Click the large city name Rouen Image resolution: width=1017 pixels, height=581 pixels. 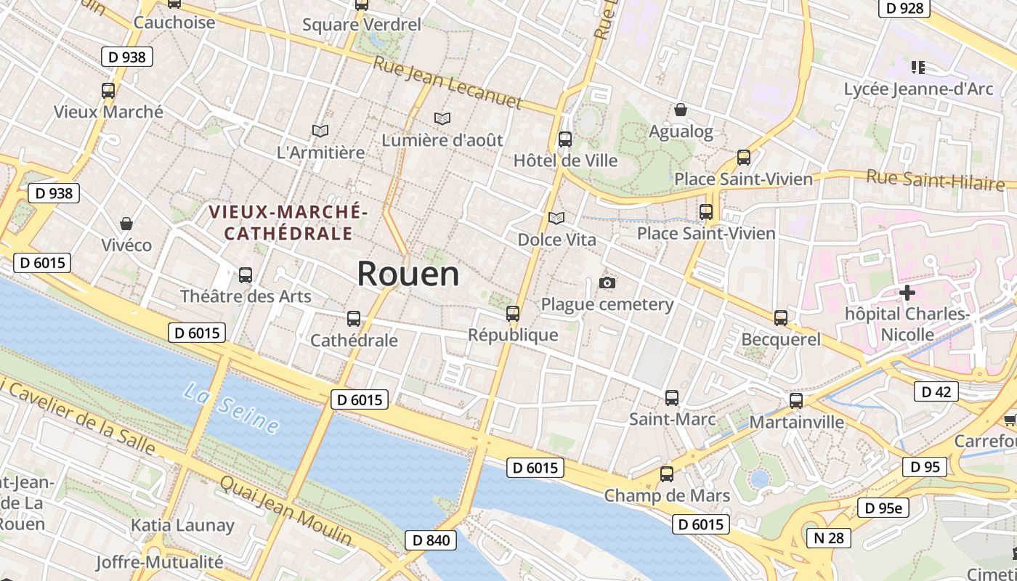(408, 274)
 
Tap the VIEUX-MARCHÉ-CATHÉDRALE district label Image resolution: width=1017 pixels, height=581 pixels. (288, 223)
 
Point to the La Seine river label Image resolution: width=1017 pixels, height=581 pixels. (231, 409)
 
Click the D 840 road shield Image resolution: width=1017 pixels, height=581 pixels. (431, 540)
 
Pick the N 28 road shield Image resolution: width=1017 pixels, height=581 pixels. (829, 537)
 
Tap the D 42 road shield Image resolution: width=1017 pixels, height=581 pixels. (936, 391)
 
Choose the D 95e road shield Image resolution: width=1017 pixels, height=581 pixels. (883, 508)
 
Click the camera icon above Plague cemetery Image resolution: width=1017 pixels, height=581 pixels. (607, 283)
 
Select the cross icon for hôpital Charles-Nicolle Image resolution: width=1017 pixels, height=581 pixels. (907, 293)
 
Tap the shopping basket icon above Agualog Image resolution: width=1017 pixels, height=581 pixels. (681, 110)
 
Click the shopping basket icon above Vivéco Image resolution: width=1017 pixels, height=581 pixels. (126, 223)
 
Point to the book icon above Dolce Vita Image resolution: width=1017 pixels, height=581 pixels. (556, 218)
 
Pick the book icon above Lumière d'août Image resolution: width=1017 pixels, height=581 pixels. (442, 118)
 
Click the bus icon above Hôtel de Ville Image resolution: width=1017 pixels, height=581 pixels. (565, 139)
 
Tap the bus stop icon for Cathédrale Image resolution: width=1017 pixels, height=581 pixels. (354, 318)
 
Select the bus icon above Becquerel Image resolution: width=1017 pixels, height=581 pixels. (781, 317)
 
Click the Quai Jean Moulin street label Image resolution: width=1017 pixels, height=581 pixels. (285, 511)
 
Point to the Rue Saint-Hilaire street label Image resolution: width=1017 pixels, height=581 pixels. (940, 178)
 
